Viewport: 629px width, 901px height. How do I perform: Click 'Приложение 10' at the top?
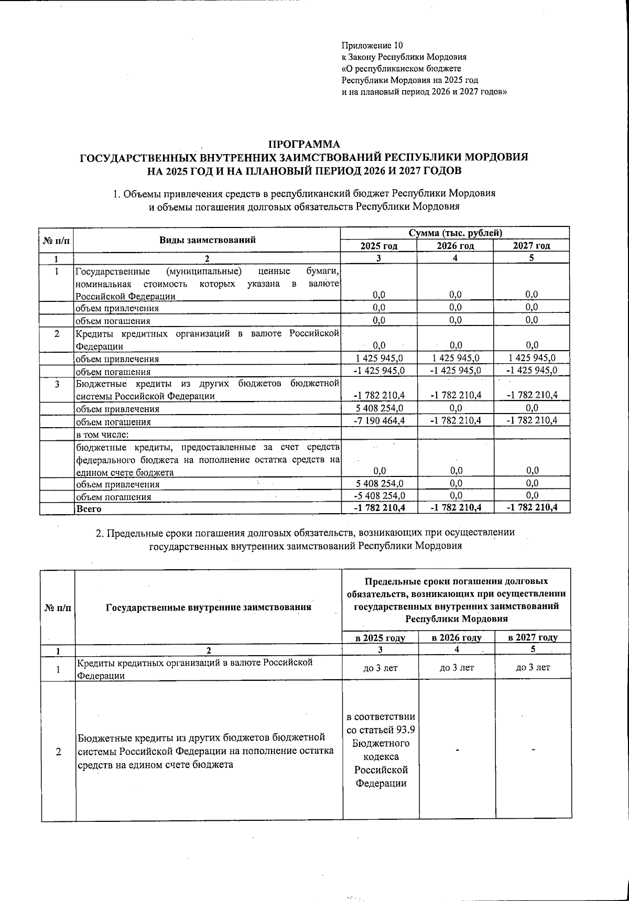(372, 46)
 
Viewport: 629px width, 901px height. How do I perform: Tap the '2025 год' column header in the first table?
(379, 246)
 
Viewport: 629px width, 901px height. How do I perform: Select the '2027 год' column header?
(531, 246)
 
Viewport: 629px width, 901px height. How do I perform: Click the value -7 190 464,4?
(379, 421)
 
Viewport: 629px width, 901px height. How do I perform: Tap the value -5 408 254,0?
(379, 496)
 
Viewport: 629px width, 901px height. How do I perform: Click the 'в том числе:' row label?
(102, 433)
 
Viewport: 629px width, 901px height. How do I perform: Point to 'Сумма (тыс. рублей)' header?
(455, 233)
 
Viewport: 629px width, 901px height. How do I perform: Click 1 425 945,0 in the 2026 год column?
(455, 358)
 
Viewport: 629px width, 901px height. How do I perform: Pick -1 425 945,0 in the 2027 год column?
(531, 371)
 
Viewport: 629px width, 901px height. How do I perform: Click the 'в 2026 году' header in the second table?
(457, 637)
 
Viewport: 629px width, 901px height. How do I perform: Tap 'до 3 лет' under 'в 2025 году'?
(380, 667)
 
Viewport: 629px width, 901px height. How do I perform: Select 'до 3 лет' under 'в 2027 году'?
(533, 667)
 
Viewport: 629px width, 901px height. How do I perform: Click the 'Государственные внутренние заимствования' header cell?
(209, 607)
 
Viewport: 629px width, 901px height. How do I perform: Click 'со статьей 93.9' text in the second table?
(381, 730)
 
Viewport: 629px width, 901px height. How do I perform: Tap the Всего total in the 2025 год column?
(379, 507)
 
